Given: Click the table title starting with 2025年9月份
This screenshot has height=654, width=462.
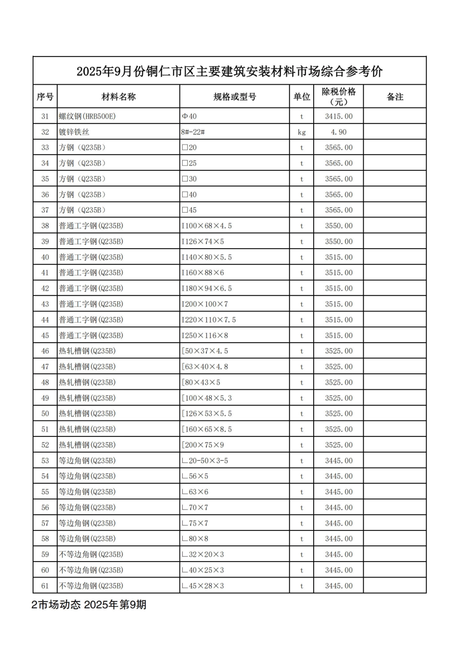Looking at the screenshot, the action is [x=230, y=72].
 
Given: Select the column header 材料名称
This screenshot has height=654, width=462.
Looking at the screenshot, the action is [x=118, y=97].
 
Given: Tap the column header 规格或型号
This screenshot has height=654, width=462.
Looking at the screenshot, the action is [x=234, y=97].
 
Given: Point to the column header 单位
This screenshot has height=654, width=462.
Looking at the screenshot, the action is [x=302, y=97].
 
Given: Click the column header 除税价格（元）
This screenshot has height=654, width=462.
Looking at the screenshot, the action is [x=338, y=97].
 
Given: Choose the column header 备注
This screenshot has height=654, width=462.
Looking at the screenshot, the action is [x=395, y=97].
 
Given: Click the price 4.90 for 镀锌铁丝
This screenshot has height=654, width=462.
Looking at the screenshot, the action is [x=338, y=132].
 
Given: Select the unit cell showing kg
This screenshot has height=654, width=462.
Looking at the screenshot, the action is [x=302, y=132].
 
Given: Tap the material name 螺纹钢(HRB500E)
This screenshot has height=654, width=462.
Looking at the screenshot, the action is [x=88, y=116].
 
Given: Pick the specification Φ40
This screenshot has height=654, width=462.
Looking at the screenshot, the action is [x=189, y=116].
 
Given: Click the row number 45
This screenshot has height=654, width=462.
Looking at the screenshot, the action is [x=45, y=335].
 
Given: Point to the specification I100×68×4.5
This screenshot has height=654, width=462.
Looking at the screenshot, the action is [x=207, y=226].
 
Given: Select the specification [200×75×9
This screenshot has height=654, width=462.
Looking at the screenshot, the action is [x=203, y=445].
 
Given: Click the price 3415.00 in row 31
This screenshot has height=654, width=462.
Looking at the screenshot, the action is [x=338, y=116].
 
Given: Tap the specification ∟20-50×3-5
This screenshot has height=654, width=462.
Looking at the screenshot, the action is [x=205, y=460].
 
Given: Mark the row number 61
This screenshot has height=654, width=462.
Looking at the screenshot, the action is [x=45, y=586].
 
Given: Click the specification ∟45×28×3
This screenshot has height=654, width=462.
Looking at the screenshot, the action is [x=203, y=586].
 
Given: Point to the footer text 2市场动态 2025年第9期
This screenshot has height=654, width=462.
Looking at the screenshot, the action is [x=89, y=605].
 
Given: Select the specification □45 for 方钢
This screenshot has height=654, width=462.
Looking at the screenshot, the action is [x=189, y=210].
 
